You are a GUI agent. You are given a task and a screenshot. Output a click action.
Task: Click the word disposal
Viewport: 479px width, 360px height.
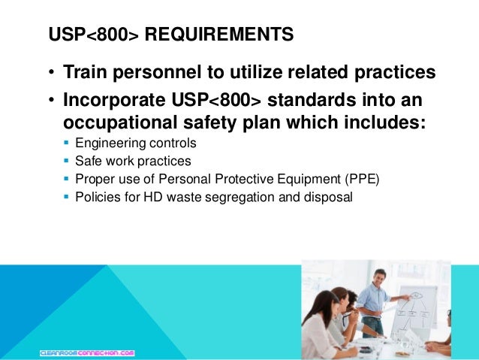click(329, 198)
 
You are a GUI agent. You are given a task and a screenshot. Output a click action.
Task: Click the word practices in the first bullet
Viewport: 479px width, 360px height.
click(385, 74)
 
